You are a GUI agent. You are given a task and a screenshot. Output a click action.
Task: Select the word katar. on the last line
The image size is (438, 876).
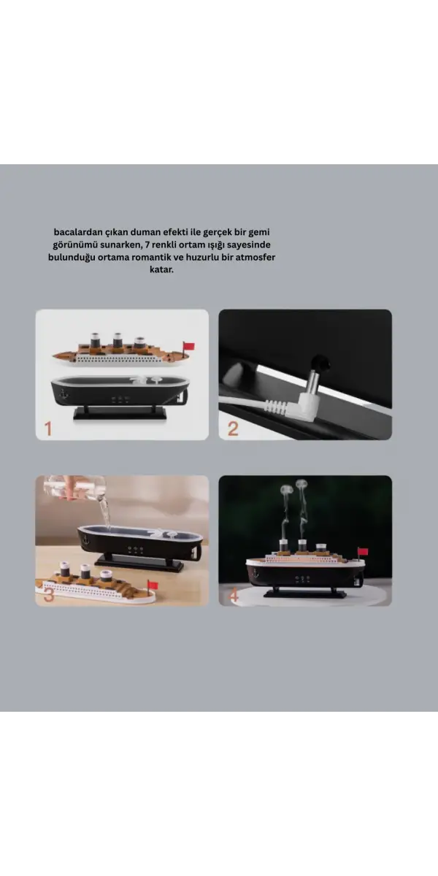click(161, 269)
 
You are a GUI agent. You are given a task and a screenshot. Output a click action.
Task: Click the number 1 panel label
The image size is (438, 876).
click(48, 429)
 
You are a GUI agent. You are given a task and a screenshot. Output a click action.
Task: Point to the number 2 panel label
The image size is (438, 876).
click(233, 429)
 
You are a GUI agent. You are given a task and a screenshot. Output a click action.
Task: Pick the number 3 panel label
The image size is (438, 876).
click(49, 595)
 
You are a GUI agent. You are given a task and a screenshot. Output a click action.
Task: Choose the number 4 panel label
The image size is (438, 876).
click(234, 595)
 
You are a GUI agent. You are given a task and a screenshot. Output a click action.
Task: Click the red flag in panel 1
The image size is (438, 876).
click(189, 346)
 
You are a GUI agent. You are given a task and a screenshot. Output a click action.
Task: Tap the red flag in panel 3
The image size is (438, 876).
click(152, 585)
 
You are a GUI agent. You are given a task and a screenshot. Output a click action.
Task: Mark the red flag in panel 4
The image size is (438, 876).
click(363, 552)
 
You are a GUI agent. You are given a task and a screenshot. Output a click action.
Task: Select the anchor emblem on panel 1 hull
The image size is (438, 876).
click(63, 393)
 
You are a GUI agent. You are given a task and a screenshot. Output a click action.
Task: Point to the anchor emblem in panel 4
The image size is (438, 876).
click(255, 575)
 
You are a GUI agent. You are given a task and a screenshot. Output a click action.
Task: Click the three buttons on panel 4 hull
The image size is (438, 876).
click(302, 578)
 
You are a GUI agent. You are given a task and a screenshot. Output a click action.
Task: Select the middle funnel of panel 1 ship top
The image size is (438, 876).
click(117, 340)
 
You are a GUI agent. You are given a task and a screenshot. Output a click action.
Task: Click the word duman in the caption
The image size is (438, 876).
click(145, 232)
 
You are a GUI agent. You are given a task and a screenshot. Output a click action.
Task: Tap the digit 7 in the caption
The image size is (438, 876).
click(147, 245)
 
